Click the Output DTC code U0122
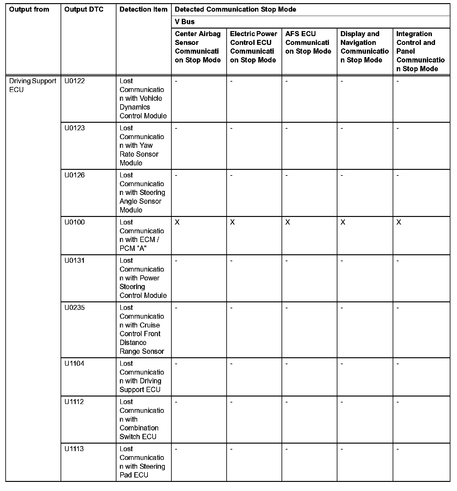[x=74, y=81]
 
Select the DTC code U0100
[x=74, y=222]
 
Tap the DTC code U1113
[x=74, y=449]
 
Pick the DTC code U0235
[x=74, y=308]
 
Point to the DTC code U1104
[x=74, y=364]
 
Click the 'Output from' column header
[x=29, y=9]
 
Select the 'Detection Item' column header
[x=143, y=9]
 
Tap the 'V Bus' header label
[x=185, y=22]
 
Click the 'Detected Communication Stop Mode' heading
[x=235, y=9]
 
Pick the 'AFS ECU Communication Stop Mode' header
[x=308, y=42]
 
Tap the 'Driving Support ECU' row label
[x=33, y=85]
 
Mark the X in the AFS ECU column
[x=288, y=222]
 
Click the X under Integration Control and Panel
[x=399, y=222]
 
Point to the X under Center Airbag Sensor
[x=177, y=222]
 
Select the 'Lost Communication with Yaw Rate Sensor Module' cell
[x=142, y=145]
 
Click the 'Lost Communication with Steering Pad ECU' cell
[x=142, y=462]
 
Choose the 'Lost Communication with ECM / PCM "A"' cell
[x=142, y=235]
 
